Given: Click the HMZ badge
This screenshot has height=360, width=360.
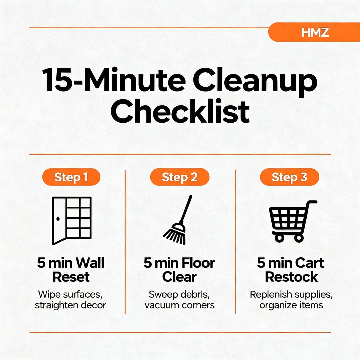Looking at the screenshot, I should [315, 32].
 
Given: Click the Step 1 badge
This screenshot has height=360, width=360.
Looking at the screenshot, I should [71, 177].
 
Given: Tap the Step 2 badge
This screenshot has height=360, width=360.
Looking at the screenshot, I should [180, 177].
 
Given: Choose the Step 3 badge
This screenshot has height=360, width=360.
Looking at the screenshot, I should [289, 177].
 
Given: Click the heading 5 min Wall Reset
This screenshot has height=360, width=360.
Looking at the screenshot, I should [71, 270].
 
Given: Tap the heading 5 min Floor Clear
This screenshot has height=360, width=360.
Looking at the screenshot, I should [179, 270].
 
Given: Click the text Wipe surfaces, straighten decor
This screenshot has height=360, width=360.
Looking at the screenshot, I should [71, 300].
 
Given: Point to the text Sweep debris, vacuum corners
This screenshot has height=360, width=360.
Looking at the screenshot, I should [179, 300].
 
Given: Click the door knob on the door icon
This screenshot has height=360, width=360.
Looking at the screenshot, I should [58, 219].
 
